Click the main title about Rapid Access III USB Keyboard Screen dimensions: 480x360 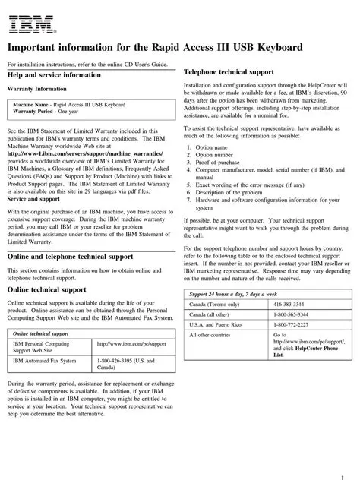[x=155, y=47]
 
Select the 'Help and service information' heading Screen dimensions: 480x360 [x=53, y=75]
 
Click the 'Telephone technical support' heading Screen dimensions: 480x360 [x=229, y=71]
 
